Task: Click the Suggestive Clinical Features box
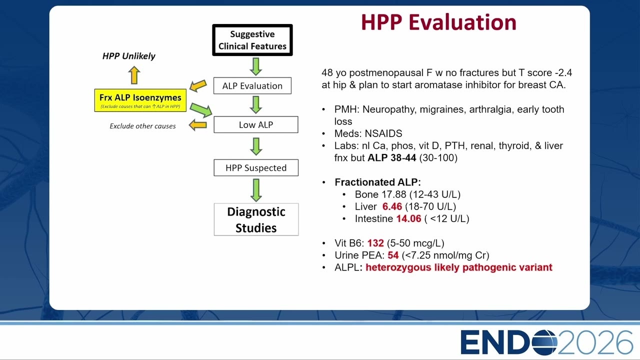pyautogui.click(x=252, y=40)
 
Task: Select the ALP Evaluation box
pyautogui.click(x=252, y=85)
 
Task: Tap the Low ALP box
pyautogui.click(x=256, y=124)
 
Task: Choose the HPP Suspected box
pyautogui.click(x=256, y=167)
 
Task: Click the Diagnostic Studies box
pyautogui.click(x=256, y=219)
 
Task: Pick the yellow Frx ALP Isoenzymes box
pyautogui.click(x=140, y=100)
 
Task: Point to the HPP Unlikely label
pyautogui.click(x=129, y=56)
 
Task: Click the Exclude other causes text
pyautogui.click(x=142, y=126)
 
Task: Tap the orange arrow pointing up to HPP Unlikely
pyautogui.click(x=134, y=75)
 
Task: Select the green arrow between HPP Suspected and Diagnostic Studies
pyautogui.click(x=256, y=190)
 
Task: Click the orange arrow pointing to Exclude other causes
pyautogui.click(x=197, y=125)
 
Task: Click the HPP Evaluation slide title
pyautogui.click(x=438, y=22)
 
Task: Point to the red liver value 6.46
pyautogui.click(x=392, y=206)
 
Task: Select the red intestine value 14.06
pyautogui.click(x=408, y=218)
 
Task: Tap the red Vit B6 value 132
pyautogui.click(x=375, y=243)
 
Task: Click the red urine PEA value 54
pyautogui.click(x=393, y=255)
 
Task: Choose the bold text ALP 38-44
pyautogui.click(x=391, y=157)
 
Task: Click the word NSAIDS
pyautogui.click(x=383, y=133)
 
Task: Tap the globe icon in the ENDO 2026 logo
pyautogui.click(x=544, y=342)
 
